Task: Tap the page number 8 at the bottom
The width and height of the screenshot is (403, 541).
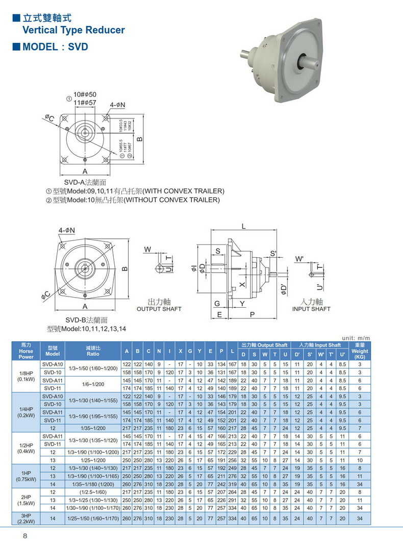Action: tap(24, 535)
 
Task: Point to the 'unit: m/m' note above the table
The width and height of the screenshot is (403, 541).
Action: tap(356, 338)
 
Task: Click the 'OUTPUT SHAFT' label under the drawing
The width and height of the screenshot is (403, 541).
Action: tap(159, 309)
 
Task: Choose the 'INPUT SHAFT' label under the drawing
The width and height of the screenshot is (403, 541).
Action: tap(311, 309)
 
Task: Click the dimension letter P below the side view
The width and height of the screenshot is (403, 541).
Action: tap(252, 315)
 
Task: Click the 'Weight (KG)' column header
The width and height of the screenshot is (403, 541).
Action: tap(360, 351)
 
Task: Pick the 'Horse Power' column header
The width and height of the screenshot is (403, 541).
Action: tap(26, 351)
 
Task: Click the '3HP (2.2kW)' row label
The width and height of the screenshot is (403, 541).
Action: tap(26, 518)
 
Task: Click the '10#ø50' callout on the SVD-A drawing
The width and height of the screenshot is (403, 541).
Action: tap(85, 95)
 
